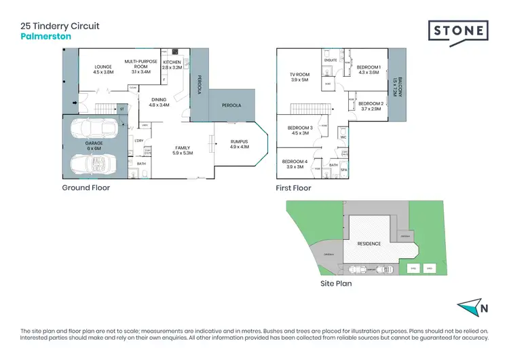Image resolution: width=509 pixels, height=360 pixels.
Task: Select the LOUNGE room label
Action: [x=103, y=69]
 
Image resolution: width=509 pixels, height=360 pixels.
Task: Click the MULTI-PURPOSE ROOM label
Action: [x=140, y=64]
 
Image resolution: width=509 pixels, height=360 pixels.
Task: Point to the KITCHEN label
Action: [x=173, y=65]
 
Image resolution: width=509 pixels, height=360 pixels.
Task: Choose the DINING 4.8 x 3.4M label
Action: [x=158, y=103]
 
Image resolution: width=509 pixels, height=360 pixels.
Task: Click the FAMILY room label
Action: [x=183, y=150]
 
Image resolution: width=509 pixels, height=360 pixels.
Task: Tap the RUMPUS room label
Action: [x=240, y=144]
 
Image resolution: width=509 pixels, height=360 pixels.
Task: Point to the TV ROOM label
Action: [x=300, y=77]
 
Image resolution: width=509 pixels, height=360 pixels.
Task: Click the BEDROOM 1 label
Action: [x=369, y=69]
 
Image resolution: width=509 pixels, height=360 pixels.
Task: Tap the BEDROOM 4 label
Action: [x=295, y=164]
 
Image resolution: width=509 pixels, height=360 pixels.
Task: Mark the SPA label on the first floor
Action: [x=343, y=169]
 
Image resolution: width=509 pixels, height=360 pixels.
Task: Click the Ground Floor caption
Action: [x=86, y=188]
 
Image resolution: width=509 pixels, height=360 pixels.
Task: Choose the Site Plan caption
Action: [x=336, y=284]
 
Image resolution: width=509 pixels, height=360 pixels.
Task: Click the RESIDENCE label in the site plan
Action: [x=369, y=244]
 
